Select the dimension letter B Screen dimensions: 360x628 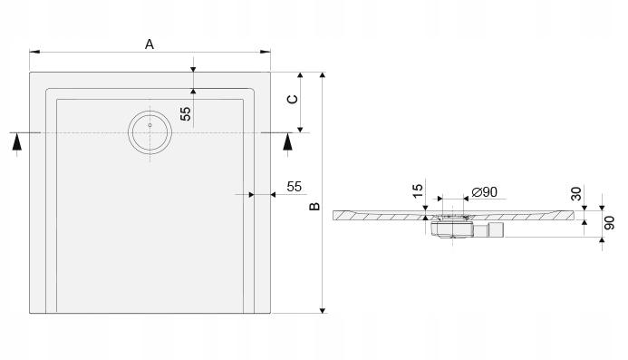[314, 207]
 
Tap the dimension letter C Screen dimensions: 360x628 [291, 100]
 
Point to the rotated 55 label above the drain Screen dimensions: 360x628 [185, 113]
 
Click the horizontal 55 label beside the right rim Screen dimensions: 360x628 [294, 186]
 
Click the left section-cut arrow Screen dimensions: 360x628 [15, 143]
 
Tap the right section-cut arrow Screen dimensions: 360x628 [287, 143]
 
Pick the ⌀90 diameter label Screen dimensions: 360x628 [483, 191]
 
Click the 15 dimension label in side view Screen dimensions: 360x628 [417, 190]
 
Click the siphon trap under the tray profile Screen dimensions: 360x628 [451, 226]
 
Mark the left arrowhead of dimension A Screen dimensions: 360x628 [34, 52]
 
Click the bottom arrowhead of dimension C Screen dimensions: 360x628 [300, 129]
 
